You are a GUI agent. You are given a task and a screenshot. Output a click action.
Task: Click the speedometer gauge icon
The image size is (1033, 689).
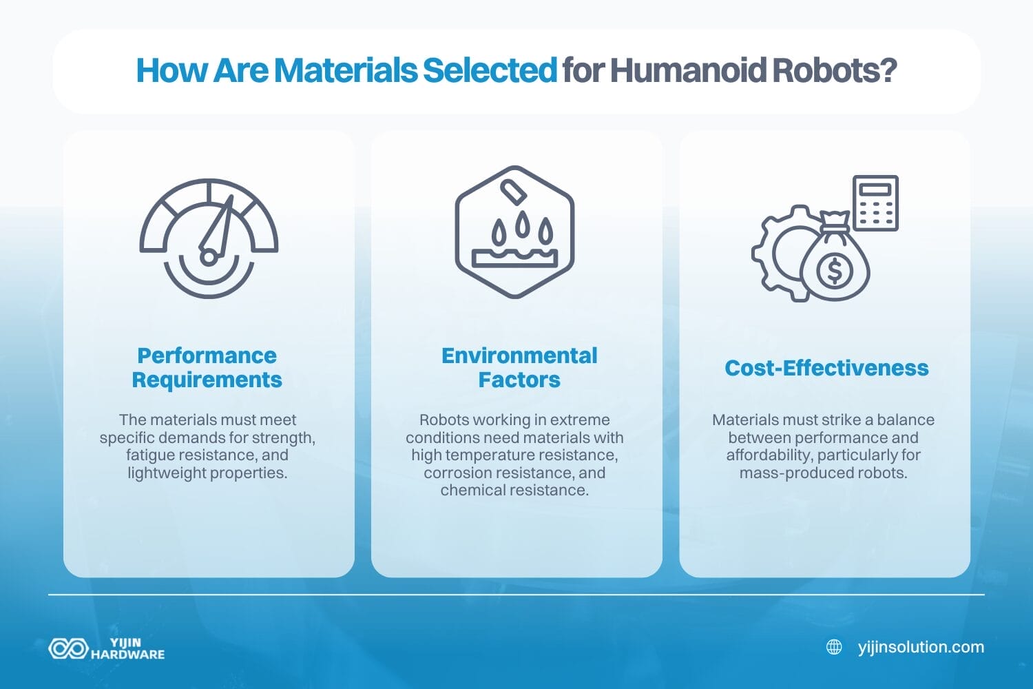click(209, 238)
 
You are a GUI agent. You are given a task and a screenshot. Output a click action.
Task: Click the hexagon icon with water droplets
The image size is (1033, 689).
click(514, 232)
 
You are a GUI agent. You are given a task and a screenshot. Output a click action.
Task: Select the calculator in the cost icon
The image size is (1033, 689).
click(875, 203)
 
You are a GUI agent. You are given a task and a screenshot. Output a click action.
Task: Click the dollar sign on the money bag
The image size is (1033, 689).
click(835, 270)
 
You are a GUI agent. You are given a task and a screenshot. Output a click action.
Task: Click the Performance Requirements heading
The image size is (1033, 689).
click(207, 367)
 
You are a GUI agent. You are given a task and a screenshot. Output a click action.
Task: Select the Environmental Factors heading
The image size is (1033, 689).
click(519, 367)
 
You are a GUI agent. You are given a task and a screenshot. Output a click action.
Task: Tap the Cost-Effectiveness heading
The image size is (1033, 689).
click(826, 368)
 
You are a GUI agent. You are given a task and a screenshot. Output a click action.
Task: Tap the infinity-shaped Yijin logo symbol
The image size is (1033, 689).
click(68, 648)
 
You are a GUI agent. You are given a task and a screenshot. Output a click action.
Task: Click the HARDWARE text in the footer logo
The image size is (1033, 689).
click(128, 655)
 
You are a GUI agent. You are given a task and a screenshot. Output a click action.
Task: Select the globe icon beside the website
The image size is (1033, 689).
click(834, 647)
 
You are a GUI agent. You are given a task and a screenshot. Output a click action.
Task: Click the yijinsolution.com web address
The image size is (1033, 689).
click(921, 647)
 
